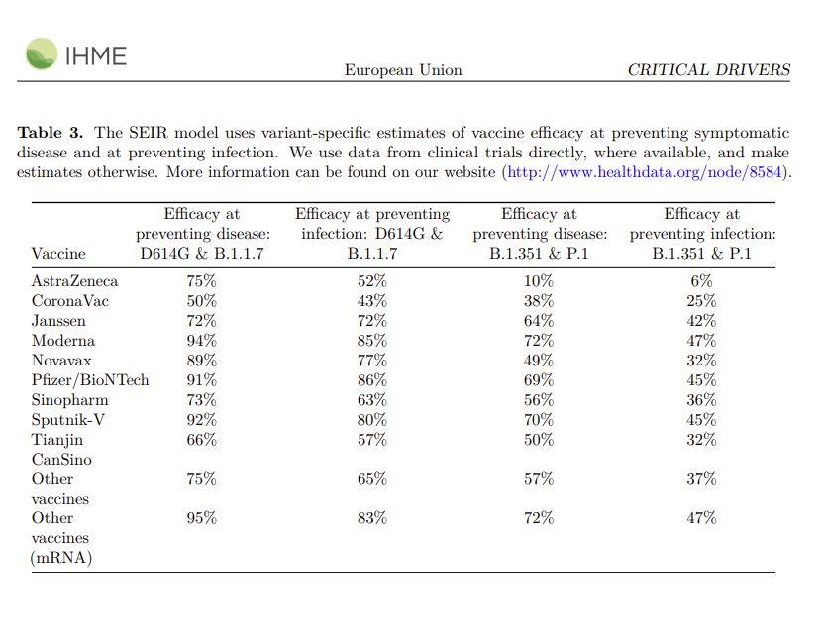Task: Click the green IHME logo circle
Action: pyautogui.click(x=41, y=53)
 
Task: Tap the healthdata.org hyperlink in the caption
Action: pyautogui.click(x=645, y=172)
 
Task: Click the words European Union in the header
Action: pyautogui.click(x=403, y=70)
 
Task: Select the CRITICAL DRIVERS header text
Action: pyautogui.click(x=709, y=70)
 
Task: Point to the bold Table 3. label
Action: pyautogui.click(x=51, y=132)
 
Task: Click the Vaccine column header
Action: pyautogui.click(x=58, y=254)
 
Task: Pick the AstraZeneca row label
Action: pyautogui.click(x=74, y=281)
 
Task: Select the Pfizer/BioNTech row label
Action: pyautogui.click(x=90, y=380)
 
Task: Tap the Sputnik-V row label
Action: pyautogui.click(x=67, y=420)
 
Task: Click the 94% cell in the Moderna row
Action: pyautogui.click(x=201, y=341)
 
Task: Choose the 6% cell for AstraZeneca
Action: pyautogui.click(x=701, y=281)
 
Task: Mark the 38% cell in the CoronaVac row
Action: pyautogui.click(x=539, y=301)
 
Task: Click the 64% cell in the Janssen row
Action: pyautogui.click(x=539, y=321)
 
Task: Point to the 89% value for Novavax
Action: pyautogui.click(x=201, y=361)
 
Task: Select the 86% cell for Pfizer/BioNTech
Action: pyautogui.click(x=372, y=380)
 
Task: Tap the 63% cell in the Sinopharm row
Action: pyautogui.click(x=372, y=400)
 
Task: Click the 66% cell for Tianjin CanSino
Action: pyautogui.click(x=201, y=440)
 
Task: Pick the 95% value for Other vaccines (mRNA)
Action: pyautogui.click(x=201, y=518)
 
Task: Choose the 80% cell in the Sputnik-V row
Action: pyautogui.click(x=372, y=420)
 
